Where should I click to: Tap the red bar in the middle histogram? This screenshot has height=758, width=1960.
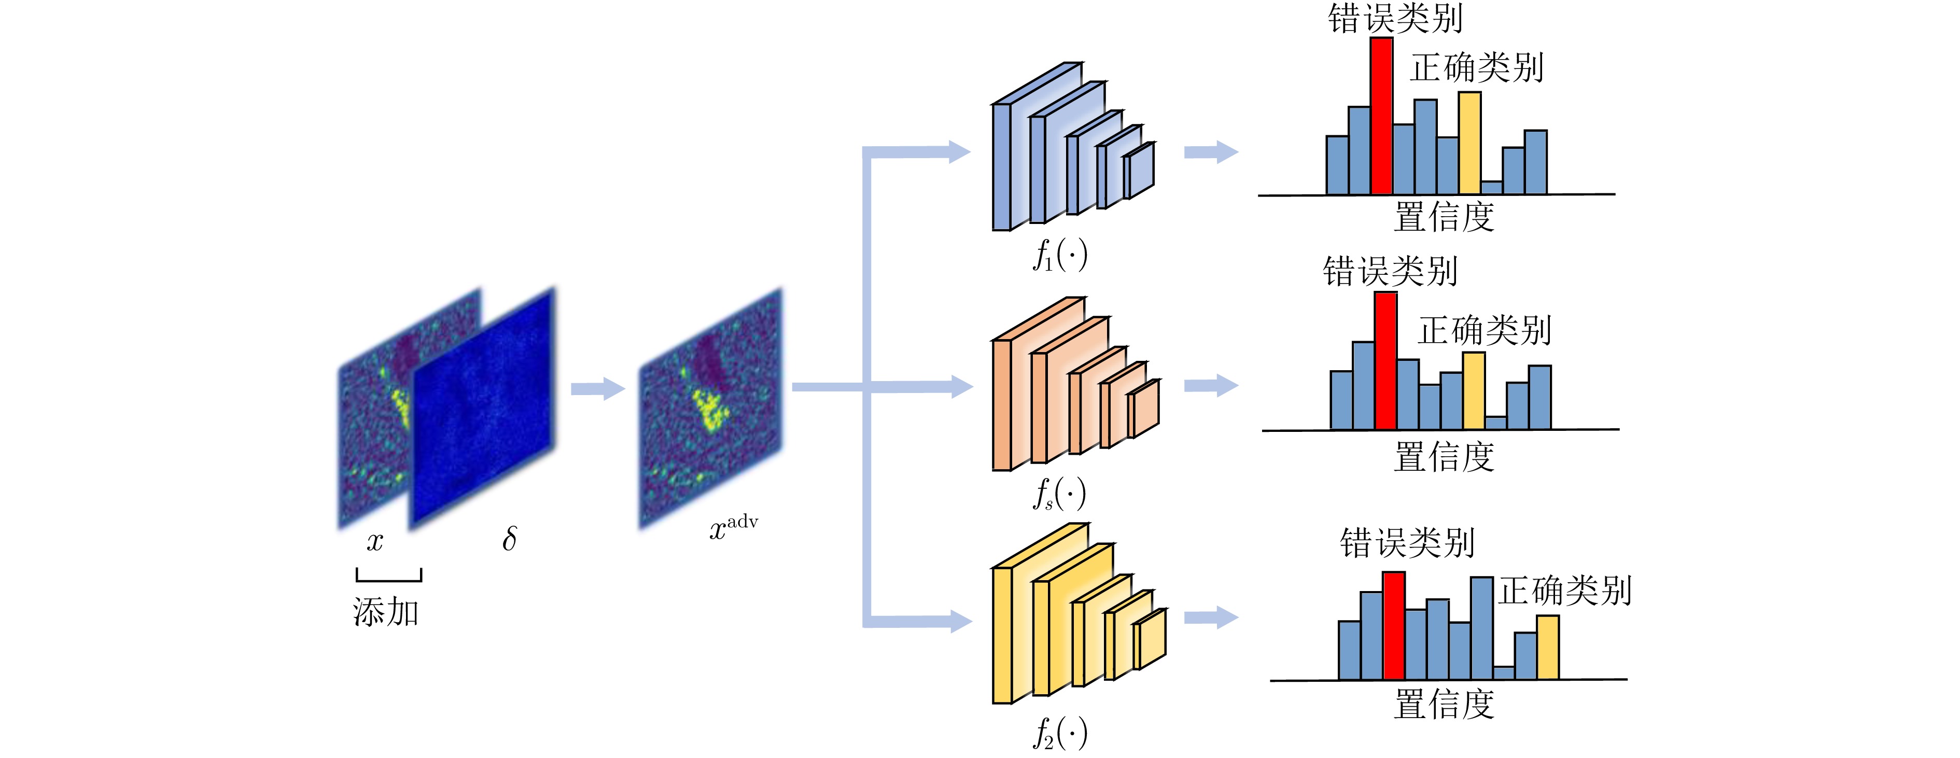tap(1385, 361)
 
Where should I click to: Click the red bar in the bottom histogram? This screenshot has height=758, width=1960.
tap(1393, 626)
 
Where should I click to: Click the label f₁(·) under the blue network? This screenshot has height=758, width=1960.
tap(1060, 255)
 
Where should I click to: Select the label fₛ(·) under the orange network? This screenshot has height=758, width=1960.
tap(1059, 494)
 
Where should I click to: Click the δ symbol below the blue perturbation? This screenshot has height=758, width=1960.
tap(509, 539)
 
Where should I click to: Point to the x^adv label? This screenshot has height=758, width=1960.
tap(733, 527)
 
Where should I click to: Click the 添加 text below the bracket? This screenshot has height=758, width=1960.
tap(386, 612)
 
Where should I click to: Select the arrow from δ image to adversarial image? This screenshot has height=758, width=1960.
tap(598, 389)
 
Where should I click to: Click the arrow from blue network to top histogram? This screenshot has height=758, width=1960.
tap(1211, 152)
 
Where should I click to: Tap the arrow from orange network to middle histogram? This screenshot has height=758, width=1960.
tap(1211, 386)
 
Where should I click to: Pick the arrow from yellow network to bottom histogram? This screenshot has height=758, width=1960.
tap(1211, 617)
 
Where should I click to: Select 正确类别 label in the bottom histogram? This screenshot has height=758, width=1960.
tap(1565, 591)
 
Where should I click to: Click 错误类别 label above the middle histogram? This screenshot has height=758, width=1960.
tap(1390, 272)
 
